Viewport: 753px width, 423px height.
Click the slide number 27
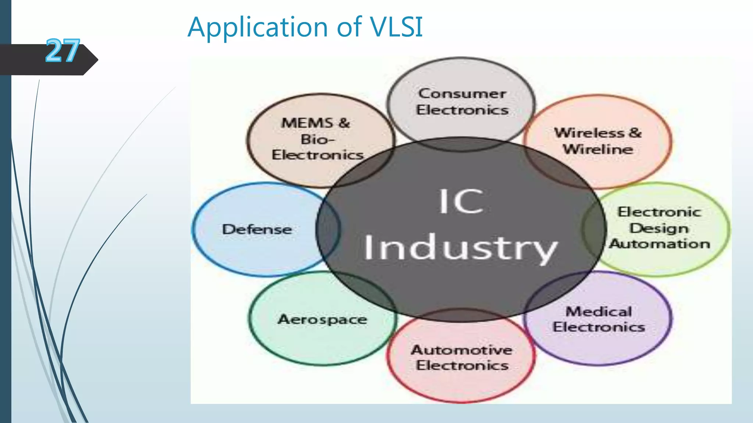point(63,51)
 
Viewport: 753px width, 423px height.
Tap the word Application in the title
point(257,28)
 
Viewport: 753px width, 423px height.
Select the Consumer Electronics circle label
point(462,102)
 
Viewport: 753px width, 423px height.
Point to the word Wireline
point(598,149)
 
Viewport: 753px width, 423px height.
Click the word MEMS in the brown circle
point(307,123)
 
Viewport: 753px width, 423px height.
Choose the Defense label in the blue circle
point(257,229)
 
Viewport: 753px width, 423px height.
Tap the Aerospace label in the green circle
point(322,319)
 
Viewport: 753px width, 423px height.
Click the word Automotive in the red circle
point(461,350)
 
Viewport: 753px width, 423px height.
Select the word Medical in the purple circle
point(599,312)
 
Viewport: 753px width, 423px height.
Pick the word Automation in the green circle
point(660,244)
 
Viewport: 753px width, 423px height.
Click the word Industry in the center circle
point(460,248)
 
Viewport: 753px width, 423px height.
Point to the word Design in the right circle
point(659,228)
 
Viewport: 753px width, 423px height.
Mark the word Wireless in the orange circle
point(589,133)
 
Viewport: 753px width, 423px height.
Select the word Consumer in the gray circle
point(462,94)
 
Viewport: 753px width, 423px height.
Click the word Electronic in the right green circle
point(659,212)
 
